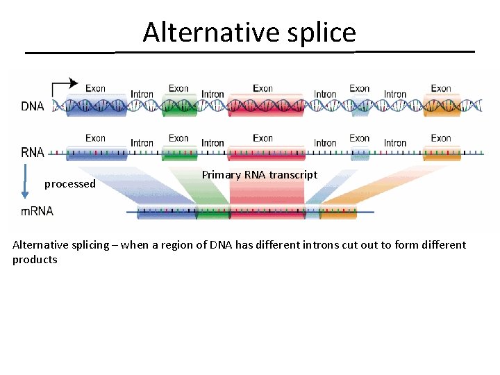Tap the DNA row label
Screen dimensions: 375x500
pos(33,106)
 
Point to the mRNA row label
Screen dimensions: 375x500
pos(37,211)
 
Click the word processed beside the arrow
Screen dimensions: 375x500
pos(69,184)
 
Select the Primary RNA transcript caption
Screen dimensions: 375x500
pos(259,175)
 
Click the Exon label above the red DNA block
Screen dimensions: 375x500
pos(262,89)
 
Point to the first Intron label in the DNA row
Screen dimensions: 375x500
pos(142,94)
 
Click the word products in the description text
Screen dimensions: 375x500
pos(35,260)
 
